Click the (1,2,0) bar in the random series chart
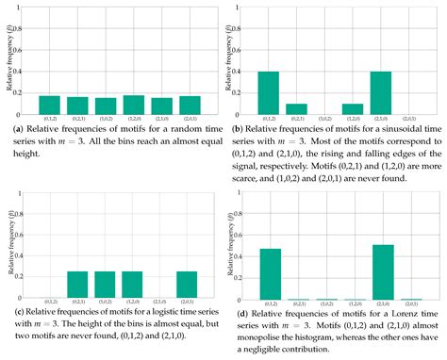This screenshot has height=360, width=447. tap(134, 104)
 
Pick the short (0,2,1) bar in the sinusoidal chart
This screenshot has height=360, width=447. tap(296, 108)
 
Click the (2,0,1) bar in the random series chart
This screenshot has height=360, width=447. tap(190, 104)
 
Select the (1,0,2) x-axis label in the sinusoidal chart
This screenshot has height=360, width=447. tap(324, 119)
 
